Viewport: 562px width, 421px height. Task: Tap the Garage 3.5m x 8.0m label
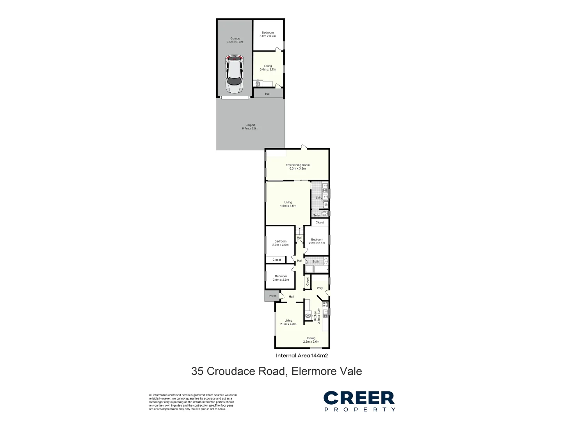pos(235,40)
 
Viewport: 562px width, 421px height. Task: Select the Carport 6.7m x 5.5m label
pos(250,127)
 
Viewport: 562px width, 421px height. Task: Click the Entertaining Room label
pos(297,167)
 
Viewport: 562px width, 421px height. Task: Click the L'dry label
pos(318,198)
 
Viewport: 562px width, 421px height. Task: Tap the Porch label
pos(272,296)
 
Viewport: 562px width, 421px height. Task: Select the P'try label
pos(320,288)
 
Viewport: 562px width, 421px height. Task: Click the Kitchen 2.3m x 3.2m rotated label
pos(318,315)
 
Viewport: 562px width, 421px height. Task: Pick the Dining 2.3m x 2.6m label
pos(311,340)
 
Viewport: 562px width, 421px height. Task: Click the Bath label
pos(315,262)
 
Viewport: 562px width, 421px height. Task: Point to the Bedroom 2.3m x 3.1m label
pos(317,241)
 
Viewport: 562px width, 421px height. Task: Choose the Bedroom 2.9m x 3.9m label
pos(280,243)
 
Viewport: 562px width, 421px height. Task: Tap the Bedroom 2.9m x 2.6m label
pos(281,278)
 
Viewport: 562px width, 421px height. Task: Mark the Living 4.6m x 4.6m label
pos(288,204)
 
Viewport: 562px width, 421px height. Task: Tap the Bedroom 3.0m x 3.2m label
pos(268,34)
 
